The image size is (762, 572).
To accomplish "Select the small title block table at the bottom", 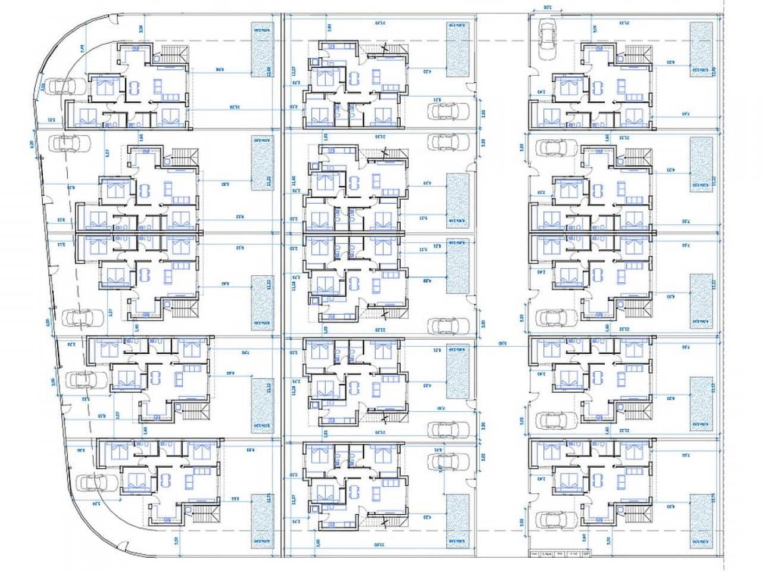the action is point(559,554).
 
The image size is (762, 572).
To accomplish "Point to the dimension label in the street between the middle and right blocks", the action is point(503,344).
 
